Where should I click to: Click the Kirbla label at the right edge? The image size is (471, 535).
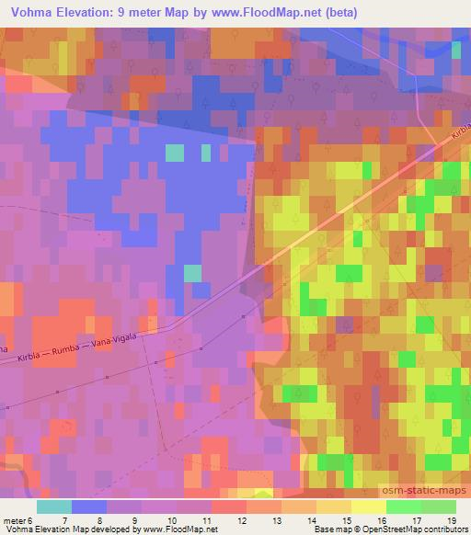point(459,135)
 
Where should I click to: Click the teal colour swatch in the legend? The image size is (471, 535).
point(54,507)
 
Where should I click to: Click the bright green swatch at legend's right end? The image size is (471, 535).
point(438,507)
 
